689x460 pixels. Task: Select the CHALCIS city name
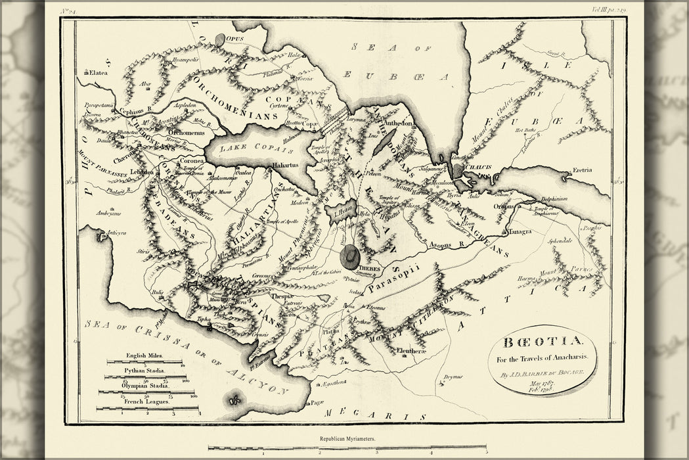tap(478, 167)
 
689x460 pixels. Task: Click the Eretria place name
tap(582, 170)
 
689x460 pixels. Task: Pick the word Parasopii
tap(393, 285)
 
